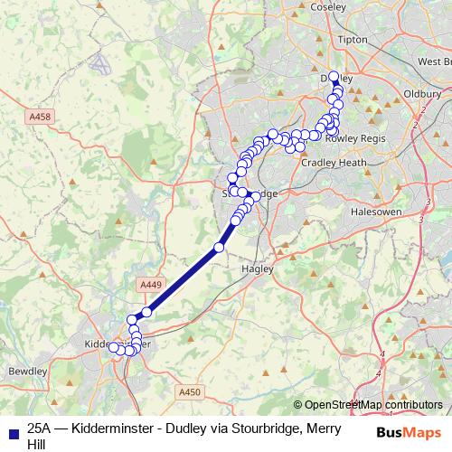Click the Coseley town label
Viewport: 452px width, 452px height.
click(327, 6)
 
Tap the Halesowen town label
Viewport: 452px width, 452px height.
click(374, 211)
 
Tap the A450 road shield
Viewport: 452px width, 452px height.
click(188, 391)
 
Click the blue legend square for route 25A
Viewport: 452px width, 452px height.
click(13, 432)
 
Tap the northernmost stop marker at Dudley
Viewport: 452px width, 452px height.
click(334, 77)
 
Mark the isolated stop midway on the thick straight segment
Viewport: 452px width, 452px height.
click(219, 247)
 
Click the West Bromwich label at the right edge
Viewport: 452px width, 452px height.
click(434, 61)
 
